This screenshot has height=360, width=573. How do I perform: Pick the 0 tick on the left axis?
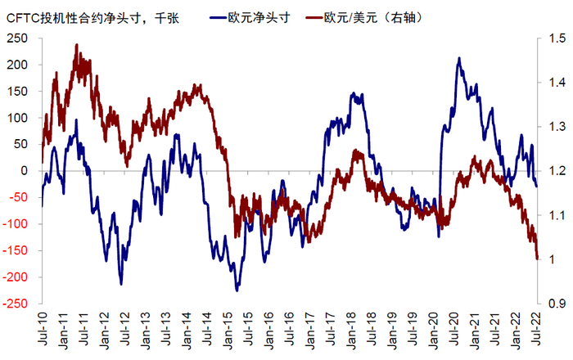(x=23, y=170)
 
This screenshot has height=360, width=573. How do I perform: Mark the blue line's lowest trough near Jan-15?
(x=237, y=290)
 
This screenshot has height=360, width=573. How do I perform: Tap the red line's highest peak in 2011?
(x=77, y=46)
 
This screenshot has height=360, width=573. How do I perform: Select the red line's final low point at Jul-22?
(x=537, y=259)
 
